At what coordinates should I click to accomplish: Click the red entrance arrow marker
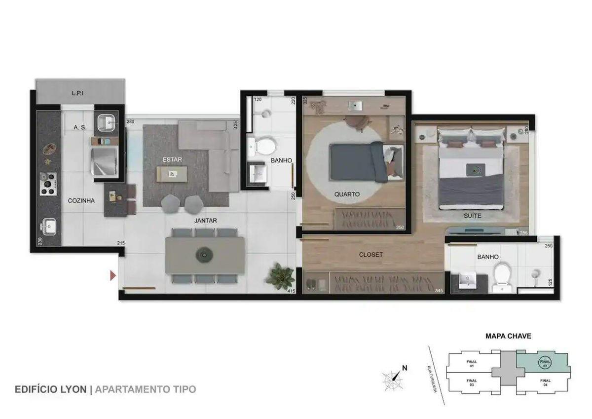point(113,275)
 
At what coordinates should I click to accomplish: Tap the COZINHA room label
point(81,201)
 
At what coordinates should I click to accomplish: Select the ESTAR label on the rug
point(173,159)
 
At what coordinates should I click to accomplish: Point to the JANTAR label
point(205,221)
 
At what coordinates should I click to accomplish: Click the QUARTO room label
point(347,194)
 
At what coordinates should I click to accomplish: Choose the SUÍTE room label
point(472,216)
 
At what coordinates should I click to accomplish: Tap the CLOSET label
point(370,255)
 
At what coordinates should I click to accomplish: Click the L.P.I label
point(79,93)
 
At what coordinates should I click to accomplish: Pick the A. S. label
point(79,127)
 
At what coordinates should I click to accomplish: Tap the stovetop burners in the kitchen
point(48,184)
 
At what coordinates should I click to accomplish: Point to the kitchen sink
point(48,227)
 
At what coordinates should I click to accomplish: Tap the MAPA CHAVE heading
point(508,336)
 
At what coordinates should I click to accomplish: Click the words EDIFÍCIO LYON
point(51,389)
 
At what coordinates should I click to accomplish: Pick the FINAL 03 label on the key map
point(472,382)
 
